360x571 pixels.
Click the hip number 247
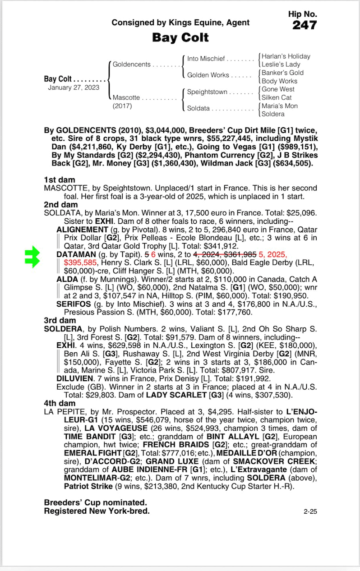coord(305,25)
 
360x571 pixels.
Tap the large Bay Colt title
coord(180,38)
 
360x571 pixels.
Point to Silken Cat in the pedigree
coord(277,97)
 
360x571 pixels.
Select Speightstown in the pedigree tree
coord(207,92)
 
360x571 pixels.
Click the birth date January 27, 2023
coord(74,87)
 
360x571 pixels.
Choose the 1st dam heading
coord(60,180)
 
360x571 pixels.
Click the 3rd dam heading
coord(60,320)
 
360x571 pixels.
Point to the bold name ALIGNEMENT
coord(82,230)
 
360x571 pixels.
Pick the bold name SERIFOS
coord(74,304)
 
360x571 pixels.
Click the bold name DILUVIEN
coord(75,378)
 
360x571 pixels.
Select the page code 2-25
coord(310,511)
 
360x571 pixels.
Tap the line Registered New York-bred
coord(97,511)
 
